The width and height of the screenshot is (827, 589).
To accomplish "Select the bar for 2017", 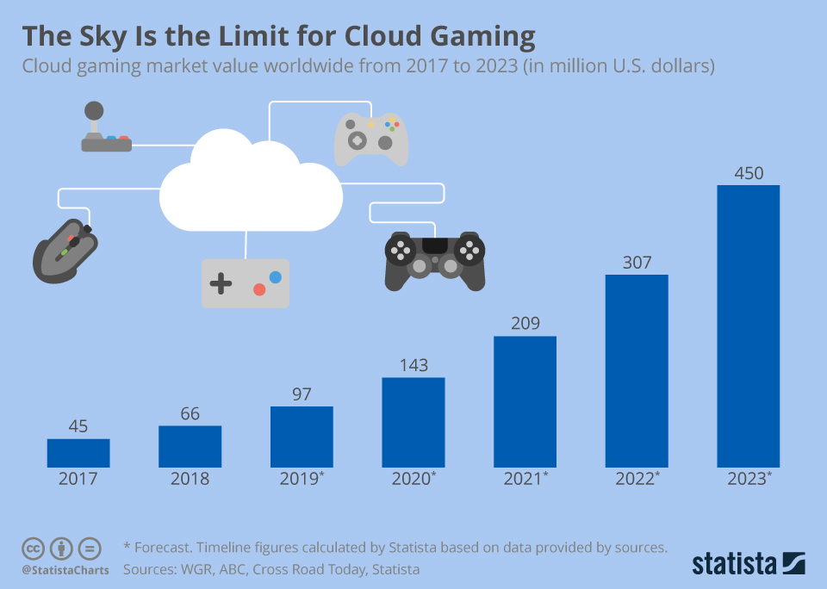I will pos(78,453).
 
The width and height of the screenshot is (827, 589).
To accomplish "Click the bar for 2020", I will pos(413,422).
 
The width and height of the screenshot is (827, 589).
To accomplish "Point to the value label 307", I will pos(637,263).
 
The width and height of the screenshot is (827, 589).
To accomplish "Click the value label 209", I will pos(525,324).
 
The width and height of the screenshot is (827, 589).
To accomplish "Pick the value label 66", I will pos(190,413).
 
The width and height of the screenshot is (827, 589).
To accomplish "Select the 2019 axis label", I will pos(302,479).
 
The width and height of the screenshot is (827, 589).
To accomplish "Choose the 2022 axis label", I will pos(637,479).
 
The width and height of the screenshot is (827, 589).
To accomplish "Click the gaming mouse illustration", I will pos(65,250).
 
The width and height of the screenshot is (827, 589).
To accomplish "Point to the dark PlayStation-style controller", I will pos(434,259).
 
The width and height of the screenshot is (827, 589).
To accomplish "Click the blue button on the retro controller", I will pos(275,277).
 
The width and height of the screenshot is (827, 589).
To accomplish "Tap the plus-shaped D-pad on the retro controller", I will pos(221,283).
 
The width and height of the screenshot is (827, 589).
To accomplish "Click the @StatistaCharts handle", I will pos(65,570).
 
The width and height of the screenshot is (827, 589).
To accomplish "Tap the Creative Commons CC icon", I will pos(33,549).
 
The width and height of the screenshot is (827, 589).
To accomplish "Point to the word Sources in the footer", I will pos(150,569).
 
